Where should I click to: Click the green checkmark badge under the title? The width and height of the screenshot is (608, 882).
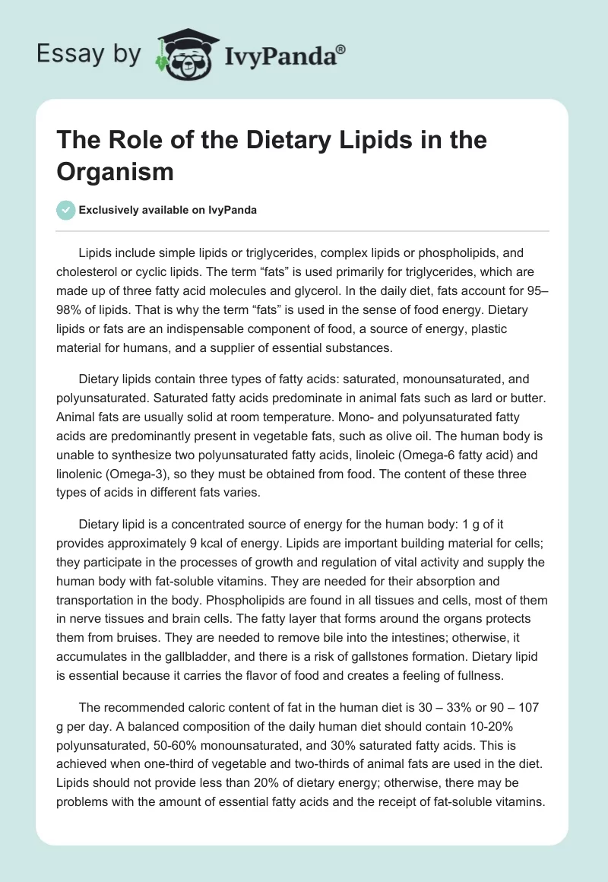[66, 210]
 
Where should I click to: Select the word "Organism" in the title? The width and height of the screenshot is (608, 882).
[116, 171]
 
